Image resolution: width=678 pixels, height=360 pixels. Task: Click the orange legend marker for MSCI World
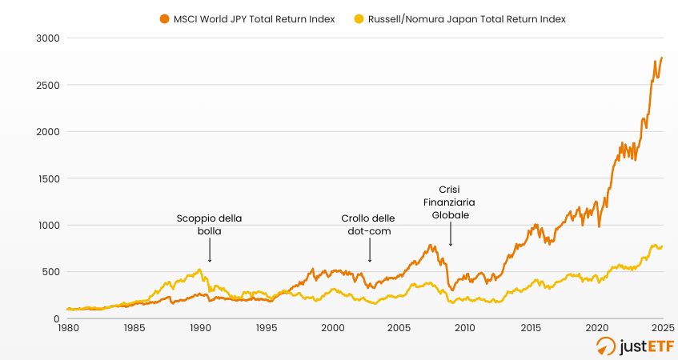coord(164,19)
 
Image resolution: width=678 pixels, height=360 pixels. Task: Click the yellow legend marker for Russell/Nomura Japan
coord(359,19)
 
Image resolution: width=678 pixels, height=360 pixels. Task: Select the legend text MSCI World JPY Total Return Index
coord(253,19)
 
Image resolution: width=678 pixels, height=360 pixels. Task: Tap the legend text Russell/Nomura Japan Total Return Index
coord(467,19)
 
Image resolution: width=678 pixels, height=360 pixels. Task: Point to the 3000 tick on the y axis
coord(48,38)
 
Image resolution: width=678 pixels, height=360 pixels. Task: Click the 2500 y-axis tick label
coord(48,85)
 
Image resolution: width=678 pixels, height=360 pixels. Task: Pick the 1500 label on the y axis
coord(48,178)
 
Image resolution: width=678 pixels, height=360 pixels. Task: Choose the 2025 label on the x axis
coord(662,328)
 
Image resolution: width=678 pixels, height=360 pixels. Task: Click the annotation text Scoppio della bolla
coord(209,224)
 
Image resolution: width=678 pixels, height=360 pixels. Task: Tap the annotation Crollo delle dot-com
coord(368,224)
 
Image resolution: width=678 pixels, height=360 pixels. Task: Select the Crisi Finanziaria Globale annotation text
coord(451,203)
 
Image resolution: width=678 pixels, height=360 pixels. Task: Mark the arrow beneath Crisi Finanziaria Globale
coord(451,237)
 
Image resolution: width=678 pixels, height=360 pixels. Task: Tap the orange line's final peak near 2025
coord(661,58)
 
